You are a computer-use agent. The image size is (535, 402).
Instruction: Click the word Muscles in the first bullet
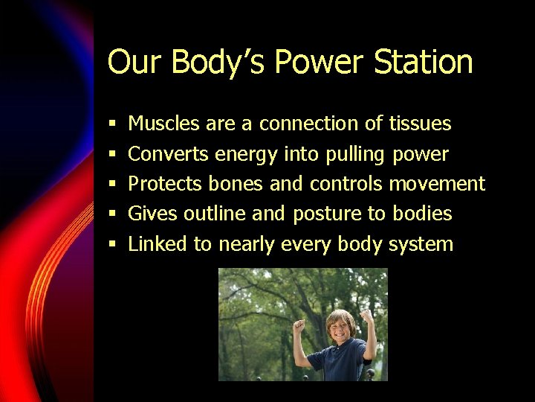[x=163, y=124]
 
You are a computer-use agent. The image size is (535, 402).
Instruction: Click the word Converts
[x=168, y=154]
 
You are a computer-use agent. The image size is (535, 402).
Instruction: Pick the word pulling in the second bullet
[x=352, y=155]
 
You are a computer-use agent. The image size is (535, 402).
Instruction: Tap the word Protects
[x=166, y=184]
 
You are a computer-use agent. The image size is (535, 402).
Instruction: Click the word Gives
[x=152, y=214]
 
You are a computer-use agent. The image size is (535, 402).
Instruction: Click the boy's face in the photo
[x=340, y=326]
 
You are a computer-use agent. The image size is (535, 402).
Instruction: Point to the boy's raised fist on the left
[x=299, y=325]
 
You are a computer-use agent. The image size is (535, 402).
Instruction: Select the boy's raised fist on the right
[x=366, y=316]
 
